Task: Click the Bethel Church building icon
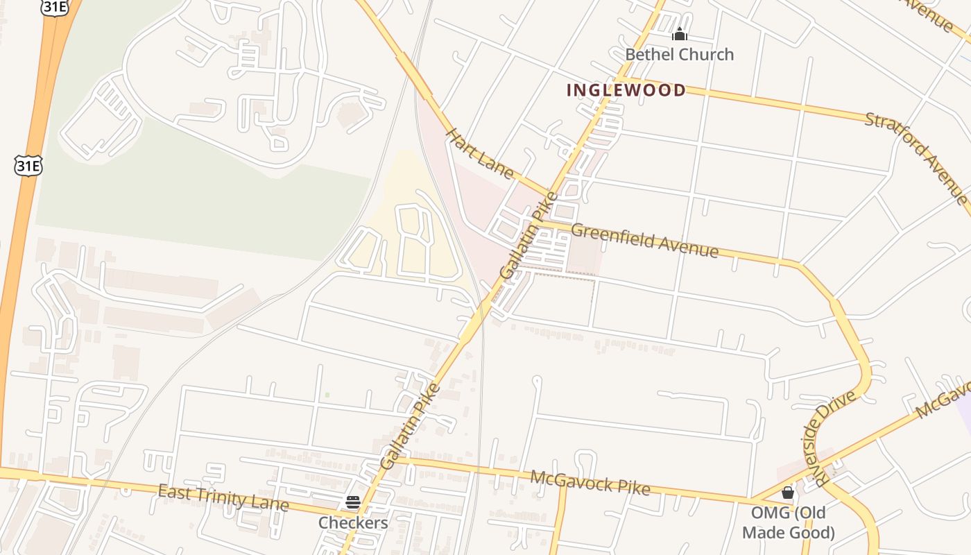[679, 34]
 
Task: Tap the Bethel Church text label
[679, 55]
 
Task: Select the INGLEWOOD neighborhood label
[626, 90]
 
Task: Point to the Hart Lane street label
[479, 153]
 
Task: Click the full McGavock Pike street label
[590, 483]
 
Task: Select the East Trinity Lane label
[223, 497]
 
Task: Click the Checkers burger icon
[353, 502]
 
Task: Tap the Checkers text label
[353, 522]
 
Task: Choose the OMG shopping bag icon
[787, 493]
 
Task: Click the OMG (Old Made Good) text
[788, 523]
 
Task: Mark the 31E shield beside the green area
[28, 164]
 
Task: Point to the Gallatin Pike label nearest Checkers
[410, 426]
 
